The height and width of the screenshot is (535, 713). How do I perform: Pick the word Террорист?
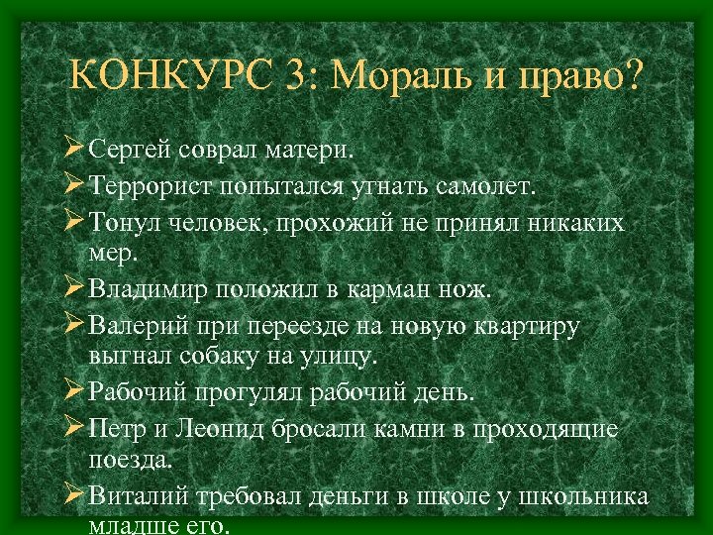(x=153, y=185)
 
